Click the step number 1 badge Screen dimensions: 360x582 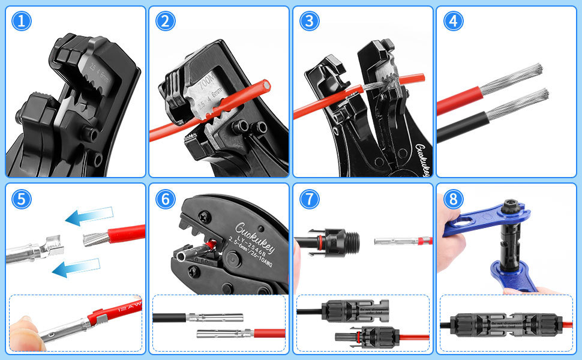[x=22, y=22]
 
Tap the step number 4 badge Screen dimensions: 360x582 [x=454, y=22]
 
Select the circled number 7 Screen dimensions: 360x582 [x=310, y=199]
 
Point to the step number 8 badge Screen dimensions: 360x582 [x=454, y=199]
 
